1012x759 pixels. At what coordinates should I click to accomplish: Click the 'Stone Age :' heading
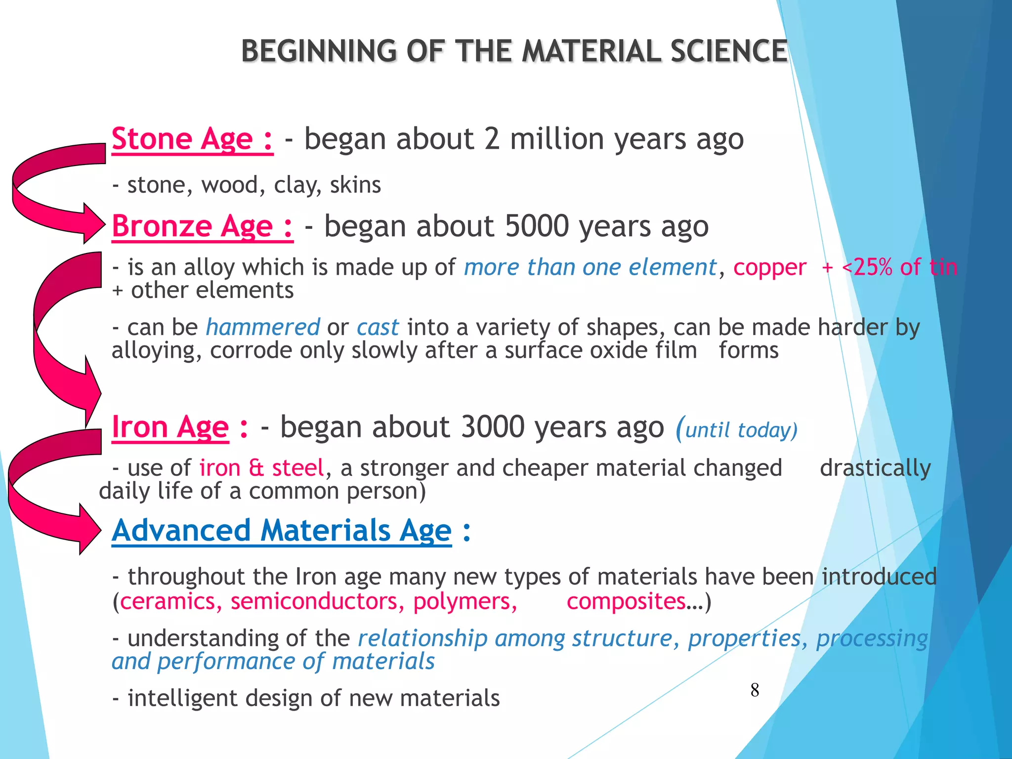[x=192, y=139]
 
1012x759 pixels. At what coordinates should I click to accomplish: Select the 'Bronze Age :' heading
[x=202, y=227]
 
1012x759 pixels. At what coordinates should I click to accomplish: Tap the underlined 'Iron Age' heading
[x=170, y=427]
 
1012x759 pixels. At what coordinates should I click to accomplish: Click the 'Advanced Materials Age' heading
[x=282, y=531]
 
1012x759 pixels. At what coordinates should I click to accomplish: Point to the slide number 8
[x=755, y=690]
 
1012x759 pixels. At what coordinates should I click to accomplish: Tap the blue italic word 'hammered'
[x=263, y=328]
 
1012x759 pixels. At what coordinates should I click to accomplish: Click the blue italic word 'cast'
[x=378, y=328]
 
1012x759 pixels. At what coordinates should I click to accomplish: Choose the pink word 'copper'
[x=769, y=268]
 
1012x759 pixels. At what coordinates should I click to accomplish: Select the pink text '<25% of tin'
[x=899, y=267]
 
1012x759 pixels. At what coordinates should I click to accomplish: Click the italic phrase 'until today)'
[x=741, y=430]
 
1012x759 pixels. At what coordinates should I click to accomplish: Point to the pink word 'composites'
[x=626, y=602]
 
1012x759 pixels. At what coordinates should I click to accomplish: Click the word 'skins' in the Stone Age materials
[x=355, y=185]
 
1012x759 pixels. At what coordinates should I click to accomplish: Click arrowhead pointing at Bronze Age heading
[x=93, y=223]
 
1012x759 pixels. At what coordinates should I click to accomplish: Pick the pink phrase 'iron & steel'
[x=261, y=468]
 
